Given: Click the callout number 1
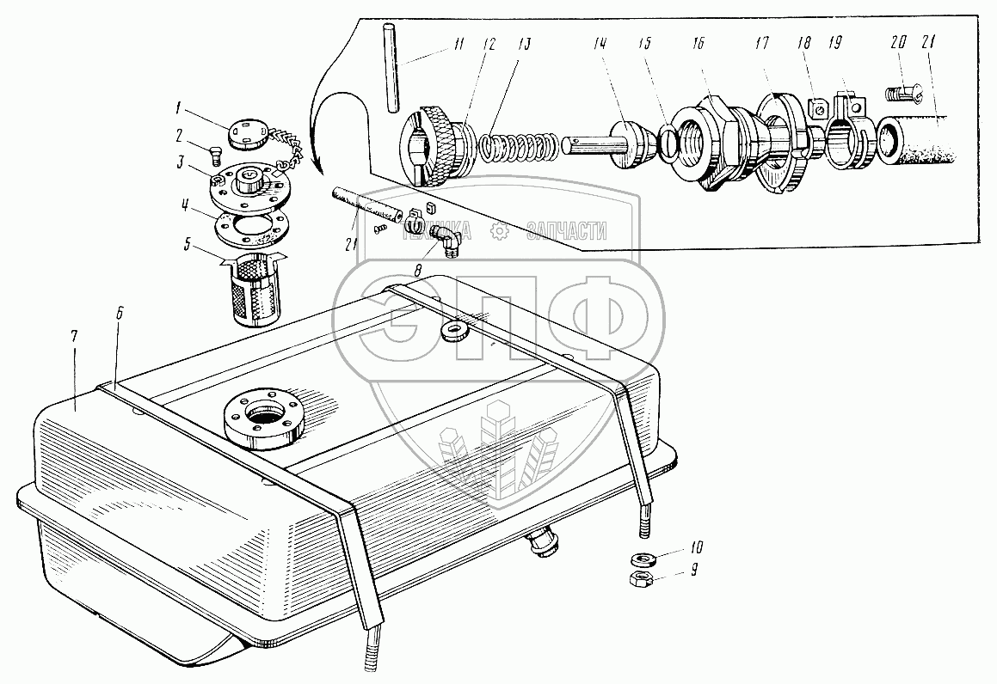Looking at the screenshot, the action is click(179, 107).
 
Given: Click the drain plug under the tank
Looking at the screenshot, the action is click(542, 543).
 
